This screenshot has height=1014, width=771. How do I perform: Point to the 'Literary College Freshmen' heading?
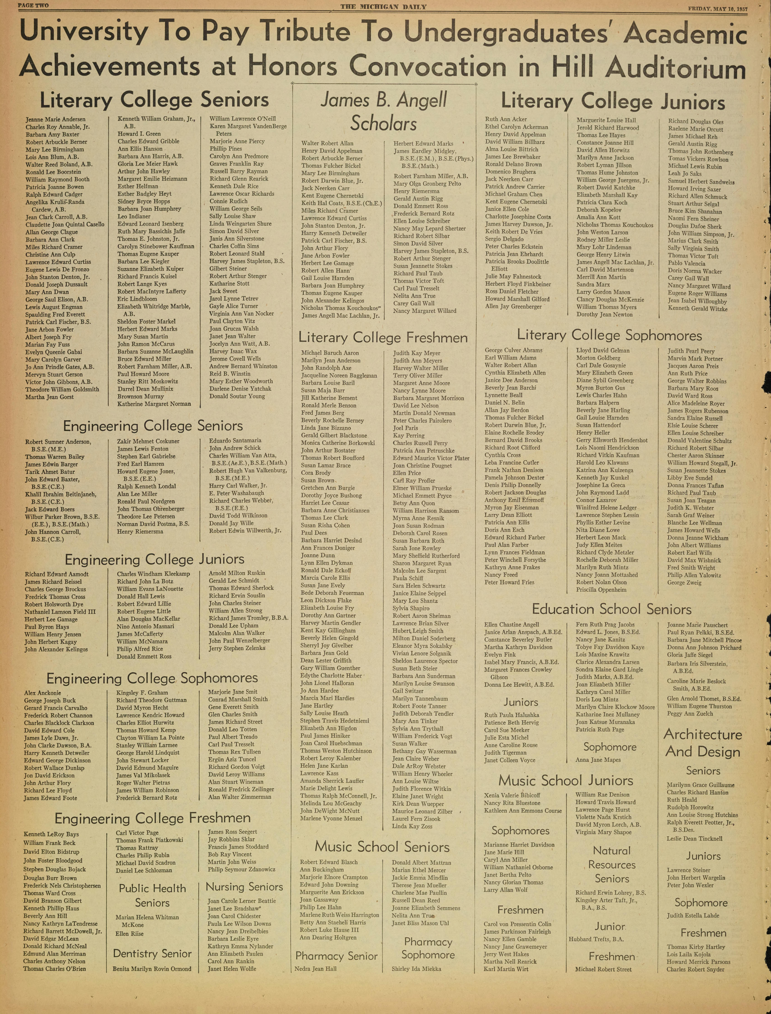click(383, 338)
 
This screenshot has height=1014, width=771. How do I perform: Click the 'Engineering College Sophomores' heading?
click(152, 678)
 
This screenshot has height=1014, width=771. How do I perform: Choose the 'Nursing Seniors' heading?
click(244, 886)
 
